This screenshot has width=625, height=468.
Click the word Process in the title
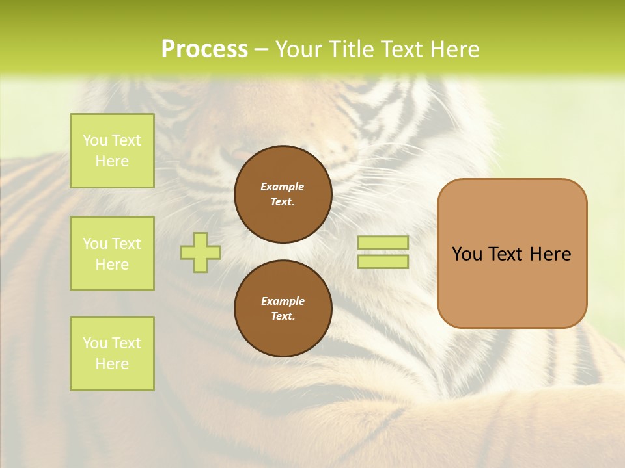click(204, 49)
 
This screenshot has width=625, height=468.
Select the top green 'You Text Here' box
click(112, 151)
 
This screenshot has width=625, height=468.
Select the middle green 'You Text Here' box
click(112, 253)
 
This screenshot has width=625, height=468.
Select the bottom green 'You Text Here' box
click(112, 354)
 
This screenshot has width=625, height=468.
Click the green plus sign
click(201, 252)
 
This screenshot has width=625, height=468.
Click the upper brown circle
click(283, 194)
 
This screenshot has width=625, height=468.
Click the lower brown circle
click(283, 309)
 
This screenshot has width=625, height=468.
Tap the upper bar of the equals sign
click(383, 243)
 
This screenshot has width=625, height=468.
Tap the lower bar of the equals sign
click(383, 262)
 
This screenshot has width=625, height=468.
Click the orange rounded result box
click(512, 286)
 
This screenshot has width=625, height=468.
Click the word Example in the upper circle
click(283, 187)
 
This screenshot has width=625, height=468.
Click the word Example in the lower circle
click(283, 301)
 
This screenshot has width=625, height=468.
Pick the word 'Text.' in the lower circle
click(283, 317)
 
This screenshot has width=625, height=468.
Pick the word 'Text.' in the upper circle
click(283, 202)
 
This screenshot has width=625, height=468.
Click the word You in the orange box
click(467, 254)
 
